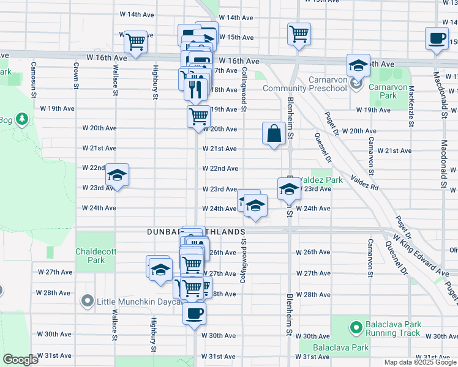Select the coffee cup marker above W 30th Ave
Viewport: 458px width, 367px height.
(195, 314)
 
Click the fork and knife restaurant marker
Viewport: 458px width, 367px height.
(195, 89)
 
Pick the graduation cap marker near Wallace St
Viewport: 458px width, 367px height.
(117, 176)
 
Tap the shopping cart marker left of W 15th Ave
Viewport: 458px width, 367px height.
(135, 42)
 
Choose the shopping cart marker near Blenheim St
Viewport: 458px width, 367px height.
(299, 34)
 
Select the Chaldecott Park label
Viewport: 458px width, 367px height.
(91, 256)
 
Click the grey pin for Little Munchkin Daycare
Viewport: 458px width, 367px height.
(87, 301)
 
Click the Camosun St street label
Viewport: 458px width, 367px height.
(33, 79)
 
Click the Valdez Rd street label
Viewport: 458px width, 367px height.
(365, 180)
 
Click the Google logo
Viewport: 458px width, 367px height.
(21, 360)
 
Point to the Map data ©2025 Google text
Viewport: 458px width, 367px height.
(420, 362)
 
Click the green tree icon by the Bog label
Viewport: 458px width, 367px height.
(22, 117)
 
